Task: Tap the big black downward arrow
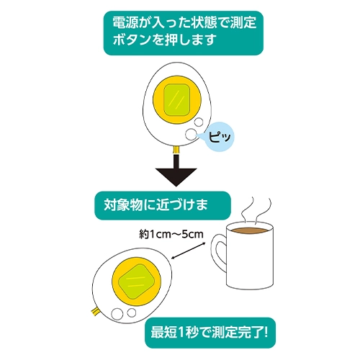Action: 176,171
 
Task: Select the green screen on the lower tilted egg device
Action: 137,282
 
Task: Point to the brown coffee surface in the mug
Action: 250,231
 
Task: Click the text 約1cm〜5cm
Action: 171,234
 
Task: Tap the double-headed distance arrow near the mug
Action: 189,251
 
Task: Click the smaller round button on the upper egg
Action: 199,122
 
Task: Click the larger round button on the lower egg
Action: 117,314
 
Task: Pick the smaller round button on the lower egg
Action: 132,312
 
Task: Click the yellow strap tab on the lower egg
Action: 94,312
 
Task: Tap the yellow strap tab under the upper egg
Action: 176,150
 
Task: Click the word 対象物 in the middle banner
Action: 123,205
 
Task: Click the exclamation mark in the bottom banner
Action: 265,333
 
